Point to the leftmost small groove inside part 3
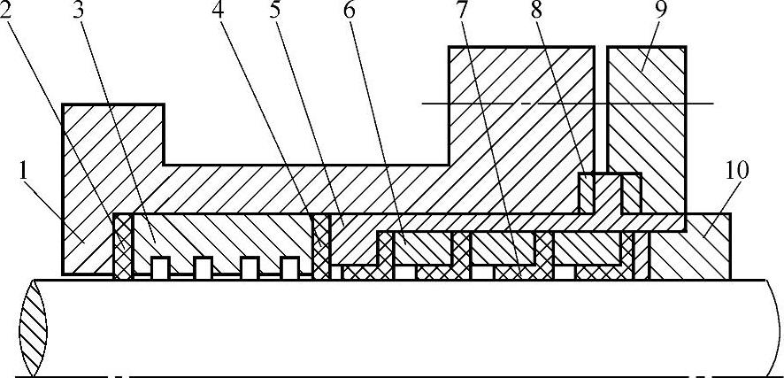pos(160,266)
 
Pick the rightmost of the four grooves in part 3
pos(289,266)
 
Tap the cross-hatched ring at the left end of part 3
pos(123,245)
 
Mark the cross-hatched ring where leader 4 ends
pos(320,245)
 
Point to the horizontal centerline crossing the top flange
pos(566,104)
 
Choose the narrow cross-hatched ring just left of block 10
pos(629,255)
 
